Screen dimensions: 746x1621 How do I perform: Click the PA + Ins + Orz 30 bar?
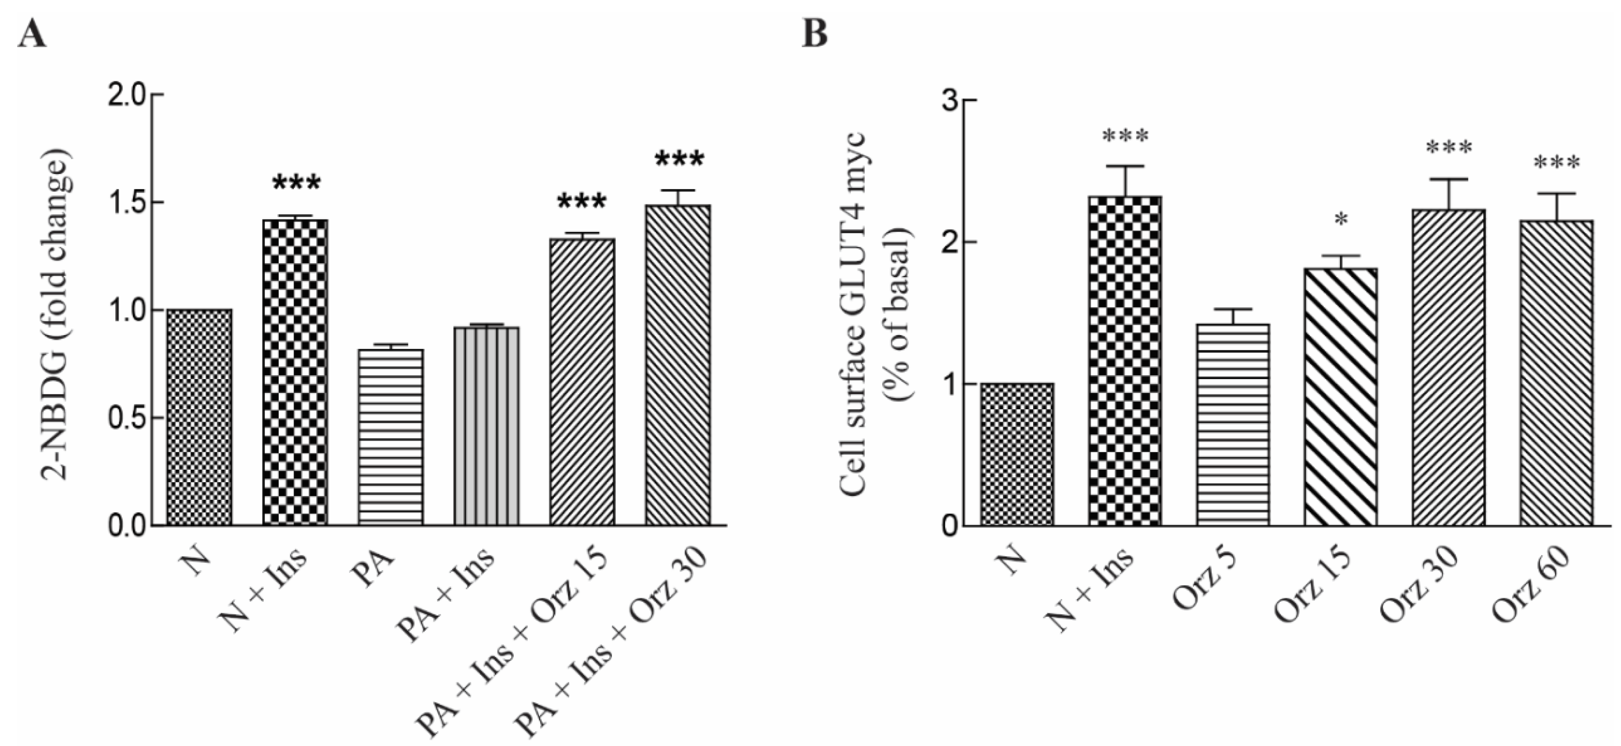[x=678, y=365]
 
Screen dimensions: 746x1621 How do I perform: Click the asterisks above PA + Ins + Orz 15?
[x=582, y=203]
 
